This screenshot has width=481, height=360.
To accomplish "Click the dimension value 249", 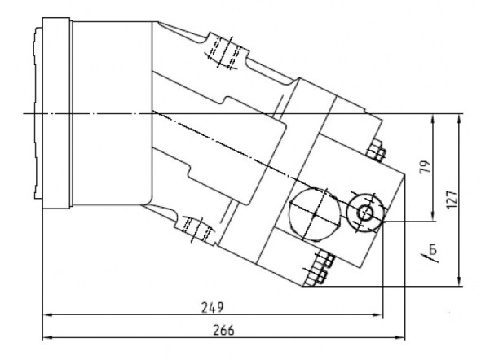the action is (x=212, y=307).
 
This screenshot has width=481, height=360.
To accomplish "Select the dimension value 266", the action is (x=223, y=331).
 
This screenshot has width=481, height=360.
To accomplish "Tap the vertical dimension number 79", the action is (x=426, y=167).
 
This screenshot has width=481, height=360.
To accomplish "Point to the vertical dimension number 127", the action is (x=452, y=200).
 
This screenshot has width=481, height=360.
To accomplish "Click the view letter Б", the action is (x=433, y=250).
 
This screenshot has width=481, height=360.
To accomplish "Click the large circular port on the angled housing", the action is (x=315, y=215).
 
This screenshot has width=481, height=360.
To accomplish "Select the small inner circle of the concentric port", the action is (x=365, y=213).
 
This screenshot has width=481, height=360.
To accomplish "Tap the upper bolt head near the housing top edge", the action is (x=377, y=150).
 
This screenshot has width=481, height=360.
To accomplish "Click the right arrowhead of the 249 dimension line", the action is (x=378, y=314).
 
